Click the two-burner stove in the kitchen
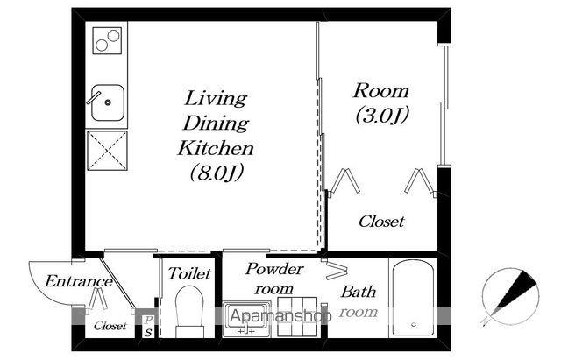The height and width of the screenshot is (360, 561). click(x=107, y=40)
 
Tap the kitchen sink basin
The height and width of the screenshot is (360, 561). click(x=108, y=102)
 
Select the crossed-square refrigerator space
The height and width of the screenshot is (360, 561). click(x=107, y=150)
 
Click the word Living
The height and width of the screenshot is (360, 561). click(x=216, y=98)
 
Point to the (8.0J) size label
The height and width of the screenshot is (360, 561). click(x=217, y=173)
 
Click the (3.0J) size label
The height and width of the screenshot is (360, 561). click(x=382, y=115)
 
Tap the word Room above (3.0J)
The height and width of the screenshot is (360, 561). click(x=381, y=91)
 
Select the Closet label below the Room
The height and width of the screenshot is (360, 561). click(x=381, y=222)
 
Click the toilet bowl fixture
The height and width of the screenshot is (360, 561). click(x=189, y=311)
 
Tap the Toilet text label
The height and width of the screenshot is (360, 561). click(x=189, y=273)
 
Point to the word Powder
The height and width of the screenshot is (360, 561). click(x=274, y=269)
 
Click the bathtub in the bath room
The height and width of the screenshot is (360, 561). click(x=413, y=298)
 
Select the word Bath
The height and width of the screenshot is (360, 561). click(x=359, y=292)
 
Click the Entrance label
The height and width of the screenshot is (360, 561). click(x=79, y=281)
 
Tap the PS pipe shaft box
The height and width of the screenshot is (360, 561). click(x=147, y=326)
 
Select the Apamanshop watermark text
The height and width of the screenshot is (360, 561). click(x=280, y=315)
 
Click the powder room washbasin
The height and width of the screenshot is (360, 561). click(x=246, y=319)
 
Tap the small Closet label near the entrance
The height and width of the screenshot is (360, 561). click(x=110, y=326)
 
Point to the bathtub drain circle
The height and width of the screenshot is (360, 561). click(x=414, y=325)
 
